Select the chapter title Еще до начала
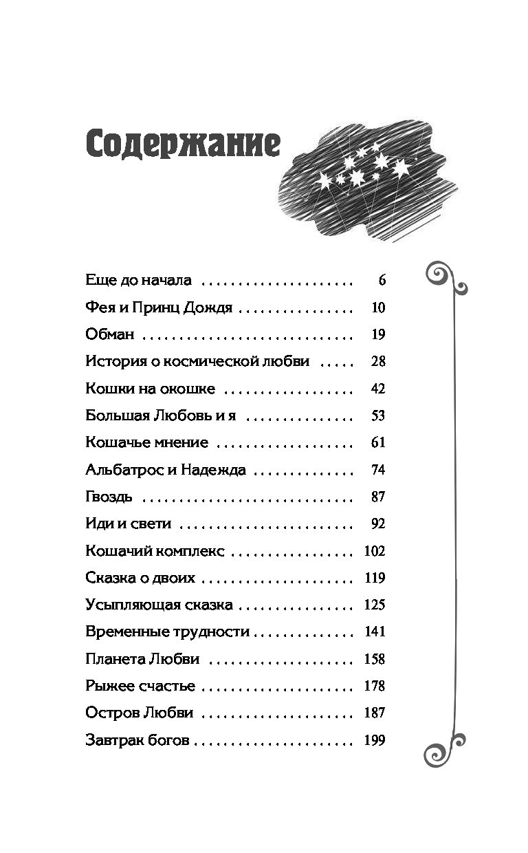pos(139,280)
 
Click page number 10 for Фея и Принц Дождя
pos(378,307)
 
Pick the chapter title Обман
pos(110,334)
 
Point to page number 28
pos(378,361)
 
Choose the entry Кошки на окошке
pos(151,389)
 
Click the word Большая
pos(118,415)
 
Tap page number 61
pos(378,442)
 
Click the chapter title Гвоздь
pos(109,497)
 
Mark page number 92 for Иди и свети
pos(378,523)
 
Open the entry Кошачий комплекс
pos(155,550)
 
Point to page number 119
pos(375,578)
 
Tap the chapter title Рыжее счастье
pos(140,687)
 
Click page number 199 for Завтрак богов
pos(375,740)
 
